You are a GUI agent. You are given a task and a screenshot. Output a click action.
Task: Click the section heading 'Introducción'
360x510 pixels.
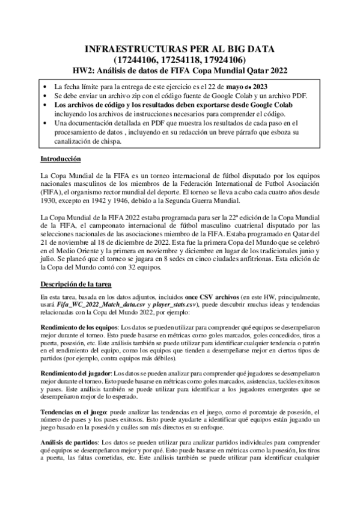click(61, 159)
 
